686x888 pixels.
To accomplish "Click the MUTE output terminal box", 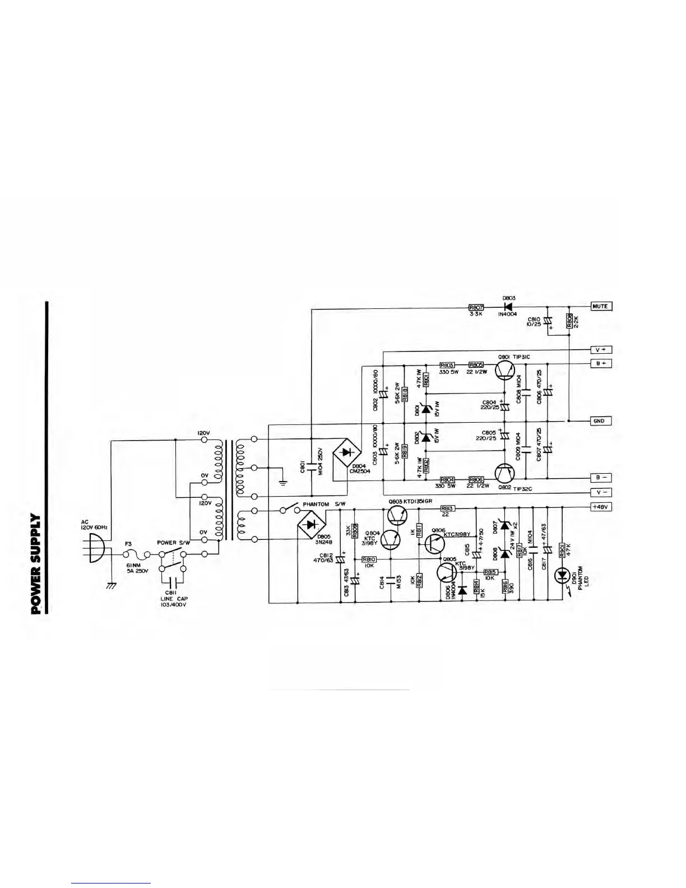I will [x=601, y=306].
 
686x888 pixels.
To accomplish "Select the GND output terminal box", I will [x=599, y=421].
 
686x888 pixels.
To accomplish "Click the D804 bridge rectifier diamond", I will [x=346, y=452].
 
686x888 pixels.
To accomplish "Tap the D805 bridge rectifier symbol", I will [x=310, y=525].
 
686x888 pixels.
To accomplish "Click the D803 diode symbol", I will [x=508, y=307].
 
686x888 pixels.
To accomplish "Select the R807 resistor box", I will [x=476, y=307].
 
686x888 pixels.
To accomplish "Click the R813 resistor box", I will [x=447, y=508].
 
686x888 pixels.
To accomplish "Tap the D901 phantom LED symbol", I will [x=561, y=575].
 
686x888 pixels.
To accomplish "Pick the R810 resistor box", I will [x=369, y=559].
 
